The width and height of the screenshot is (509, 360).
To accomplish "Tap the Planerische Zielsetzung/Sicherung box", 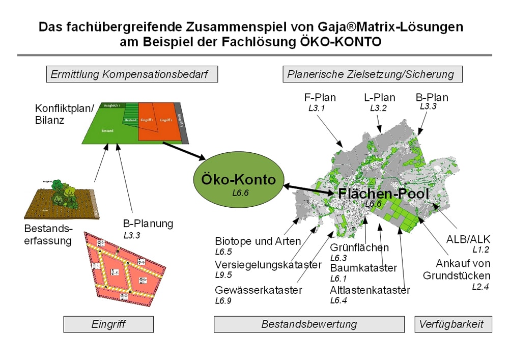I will pyautogui.click(x=373, y=74).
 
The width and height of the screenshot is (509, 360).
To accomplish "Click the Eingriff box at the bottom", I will pyautogui.click(x=108, y=324).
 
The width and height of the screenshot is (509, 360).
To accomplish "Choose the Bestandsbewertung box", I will pyautogui.click(x=309, y=324).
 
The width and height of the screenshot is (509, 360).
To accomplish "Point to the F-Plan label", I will pyautogui.click(x=319, y=97).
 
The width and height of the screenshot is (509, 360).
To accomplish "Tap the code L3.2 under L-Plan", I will pyautogui.click(x=378, y=108).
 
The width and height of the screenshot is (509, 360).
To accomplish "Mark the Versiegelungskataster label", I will pyautogui.click(x=268, y=265).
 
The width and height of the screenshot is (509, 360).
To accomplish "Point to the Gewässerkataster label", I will pyautogui.click(x=259, y=290).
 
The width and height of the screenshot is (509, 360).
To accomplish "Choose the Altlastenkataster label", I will pyautogui.click(x=370, y=290).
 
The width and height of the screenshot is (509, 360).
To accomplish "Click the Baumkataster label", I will pyautogui.click(x=363, y=268).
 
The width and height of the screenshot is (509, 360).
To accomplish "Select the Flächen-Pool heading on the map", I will pyautogui.click(x=384, y=193).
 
